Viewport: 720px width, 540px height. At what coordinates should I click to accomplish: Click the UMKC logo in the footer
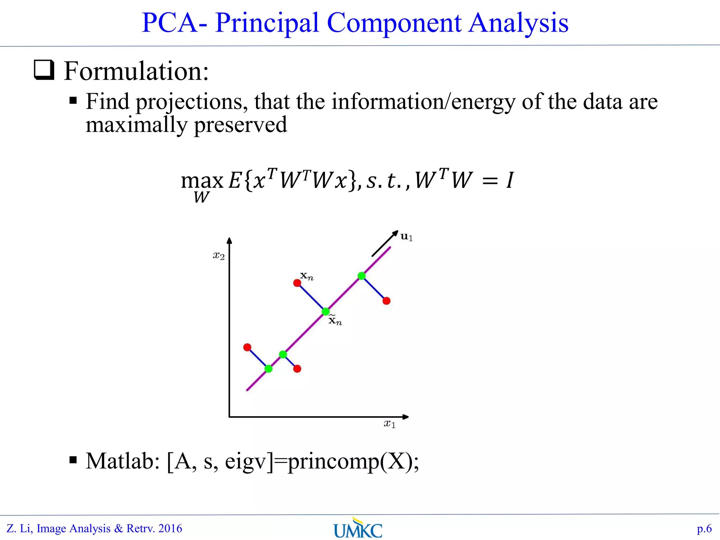tap(358, 528)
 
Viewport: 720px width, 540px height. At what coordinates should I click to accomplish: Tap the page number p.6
tap(704, 528)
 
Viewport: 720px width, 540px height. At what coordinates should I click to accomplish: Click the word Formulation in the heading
tap(136, 71)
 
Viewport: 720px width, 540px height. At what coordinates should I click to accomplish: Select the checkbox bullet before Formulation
tap(44, 70)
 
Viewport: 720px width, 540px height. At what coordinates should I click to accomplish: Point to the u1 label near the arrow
tap(406, 237)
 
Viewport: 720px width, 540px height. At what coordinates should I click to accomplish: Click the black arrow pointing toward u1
tap(385, 243)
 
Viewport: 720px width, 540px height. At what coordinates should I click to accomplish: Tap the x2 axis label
tap(219, 256)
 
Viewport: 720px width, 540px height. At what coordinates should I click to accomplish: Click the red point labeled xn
tap(297, 283)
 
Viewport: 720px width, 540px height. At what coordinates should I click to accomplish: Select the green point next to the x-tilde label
tap(326, 311)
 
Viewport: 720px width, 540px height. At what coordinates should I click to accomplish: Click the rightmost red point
tap(386, 301)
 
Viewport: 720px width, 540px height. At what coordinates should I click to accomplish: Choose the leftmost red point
tap(247, 347)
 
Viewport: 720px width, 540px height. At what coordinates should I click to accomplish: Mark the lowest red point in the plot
tap(297, 369)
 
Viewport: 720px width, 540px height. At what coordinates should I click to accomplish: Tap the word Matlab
tap(123, 461)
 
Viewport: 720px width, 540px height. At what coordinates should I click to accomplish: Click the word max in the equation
tap(202, 181)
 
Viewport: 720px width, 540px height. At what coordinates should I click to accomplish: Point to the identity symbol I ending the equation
tap(510, 180)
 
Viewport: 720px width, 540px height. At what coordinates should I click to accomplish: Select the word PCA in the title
tap(169, 23)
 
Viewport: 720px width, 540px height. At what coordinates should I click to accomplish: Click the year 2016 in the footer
tap(170, 528)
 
